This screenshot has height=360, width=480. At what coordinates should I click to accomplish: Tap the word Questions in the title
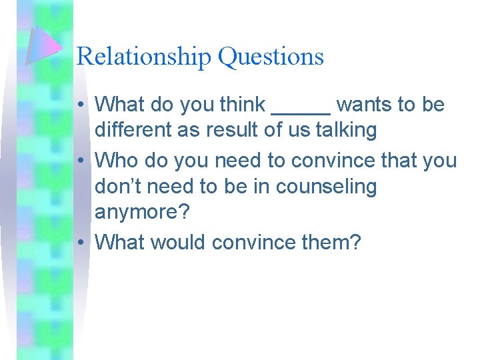pos(271,57)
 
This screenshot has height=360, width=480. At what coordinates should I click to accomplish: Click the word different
pos(133,130)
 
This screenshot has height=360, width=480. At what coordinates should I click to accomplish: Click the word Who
pos(115,161)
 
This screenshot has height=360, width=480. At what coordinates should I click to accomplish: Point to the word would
pos(179,241)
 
